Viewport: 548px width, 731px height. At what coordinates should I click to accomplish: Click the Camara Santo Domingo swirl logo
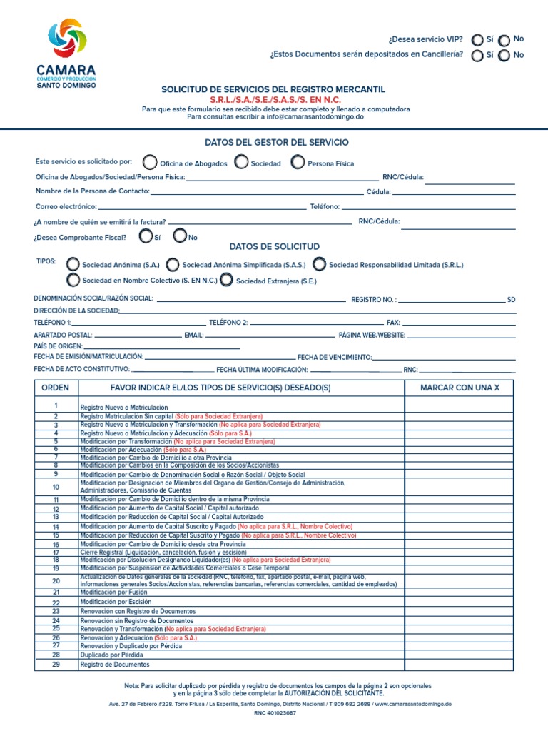[x=66, y=39]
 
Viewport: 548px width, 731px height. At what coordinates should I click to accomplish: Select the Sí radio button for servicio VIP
[x=477, y=41]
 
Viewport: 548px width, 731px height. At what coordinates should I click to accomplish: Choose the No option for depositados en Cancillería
[x=504, y=56]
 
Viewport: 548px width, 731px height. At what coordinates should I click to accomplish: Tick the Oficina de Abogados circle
[x=150, y=163]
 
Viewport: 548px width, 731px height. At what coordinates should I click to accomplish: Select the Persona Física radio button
[x=298, y=163]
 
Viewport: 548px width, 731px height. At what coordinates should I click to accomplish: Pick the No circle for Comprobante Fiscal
[x=180, y=236]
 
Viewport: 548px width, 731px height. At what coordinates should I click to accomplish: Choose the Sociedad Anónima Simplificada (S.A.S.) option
[x=172, y=265]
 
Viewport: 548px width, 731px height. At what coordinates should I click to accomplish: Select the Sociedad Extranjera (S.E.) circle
[x=226, y=281]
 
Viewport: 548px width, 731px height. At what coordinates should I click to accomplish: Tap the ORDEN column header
[x=56, y=388]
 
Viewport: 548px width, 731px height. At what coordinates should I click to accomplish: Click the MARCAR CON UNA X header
[x=459, y=388]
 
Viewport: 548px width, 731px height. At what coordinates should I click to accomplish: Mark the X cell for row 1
[x=459, y=406]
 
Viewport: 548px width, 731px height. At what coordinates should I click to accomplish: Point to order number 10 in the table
[x=56, y=487]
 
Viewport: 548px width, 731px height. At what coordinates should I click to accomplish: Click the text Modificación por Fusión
[x=113, y=592]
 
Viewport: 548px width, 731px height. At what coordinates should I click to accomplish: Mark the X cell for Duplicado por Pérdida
[x=459, y=655]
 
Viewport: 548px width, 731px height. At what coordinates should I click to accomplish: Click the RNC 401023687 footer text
[x=274, y=713]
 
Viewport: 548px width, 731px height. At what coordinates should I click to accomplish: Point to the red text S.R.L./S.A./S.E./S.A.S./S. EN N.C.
[x=274, y=100]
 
